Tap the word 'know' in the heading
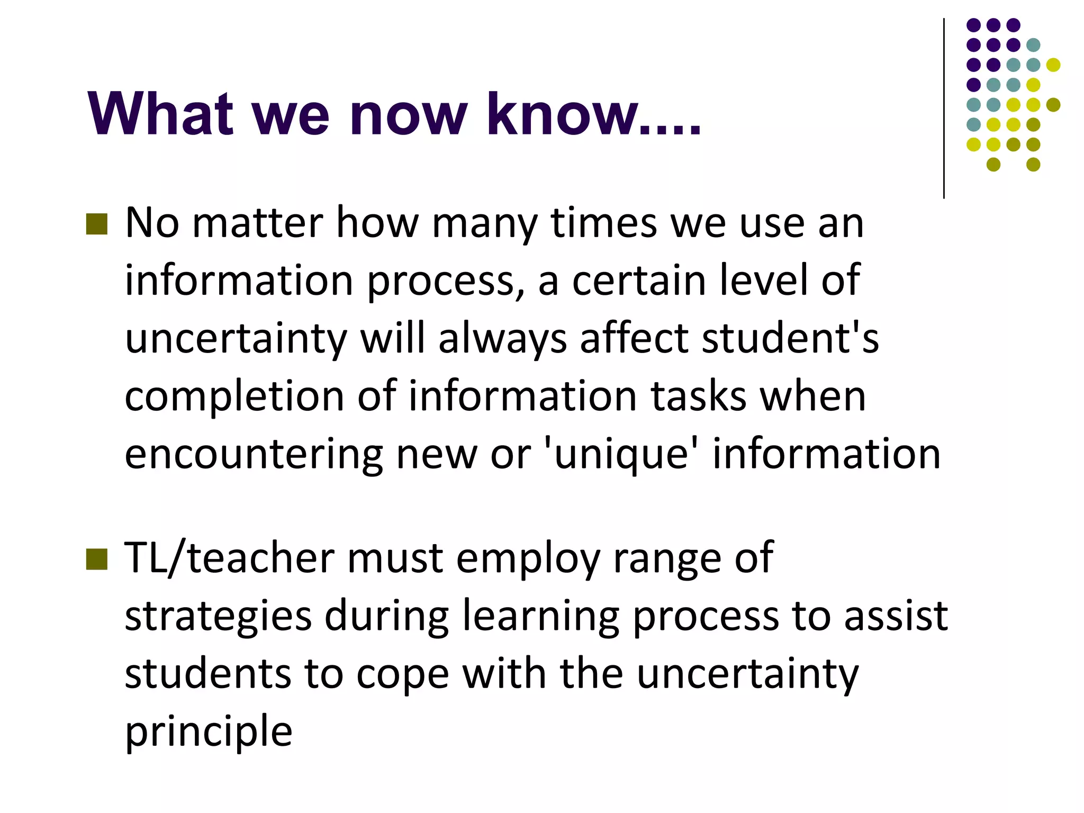tap(563, 114)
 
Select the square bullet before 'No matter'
tap(96, 224)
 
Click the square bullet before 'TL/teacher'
tap(96, 559)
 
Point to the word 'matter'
tap(257, 223)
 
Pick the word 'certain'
tap(639, 281)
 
